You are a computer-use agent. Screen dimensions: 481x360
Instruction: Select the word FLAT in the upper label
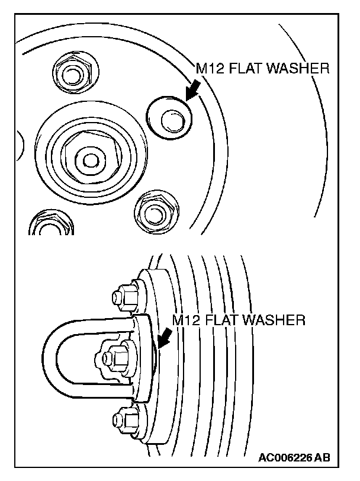[245, 69]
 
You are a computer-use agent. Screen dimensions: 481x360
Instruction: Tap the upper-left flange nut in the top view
[71, 73]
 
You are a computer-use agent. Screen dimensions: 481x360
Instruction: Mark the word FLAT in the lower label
[221, 320]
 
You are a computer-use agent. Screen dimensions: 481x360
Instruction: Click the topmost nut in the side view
[124, 294]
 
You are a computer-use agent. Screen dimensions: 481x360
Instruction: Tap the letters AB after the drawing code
[323, 458]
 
